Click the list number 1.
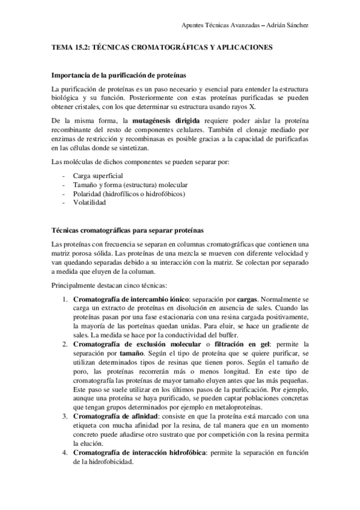(65, 298)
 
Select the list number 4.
(65, 452)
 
